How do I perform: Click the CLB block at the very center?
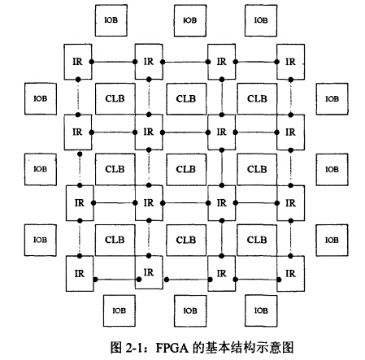186,170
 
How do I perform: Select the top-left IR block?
78,62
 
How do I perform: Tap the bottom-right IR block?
291,274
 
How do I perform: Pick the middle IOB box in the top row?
190,20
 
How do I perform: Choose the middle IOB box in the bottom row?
190,310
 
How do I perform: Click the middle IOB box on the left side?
41,170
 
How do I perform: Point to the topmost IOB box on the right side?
332,99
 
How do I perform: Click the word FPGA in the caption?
172,348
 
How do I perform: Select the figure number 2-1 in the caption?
134,348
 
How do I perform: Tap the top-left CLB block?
115,99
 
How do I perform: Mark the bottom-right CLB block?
257,240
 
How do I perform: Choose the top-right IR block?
291,62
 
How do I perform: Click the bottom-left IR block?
80,274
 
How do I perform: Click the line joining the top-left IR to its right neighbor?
113,62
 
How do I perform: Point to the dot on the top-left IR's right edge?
92,62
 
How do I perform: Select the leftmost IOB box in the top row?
111,20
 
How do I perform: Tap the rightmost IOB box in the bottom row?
261,310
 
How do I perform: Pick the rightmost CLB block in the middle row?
257,170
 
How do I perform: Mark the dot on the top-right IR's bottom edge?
291,80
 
